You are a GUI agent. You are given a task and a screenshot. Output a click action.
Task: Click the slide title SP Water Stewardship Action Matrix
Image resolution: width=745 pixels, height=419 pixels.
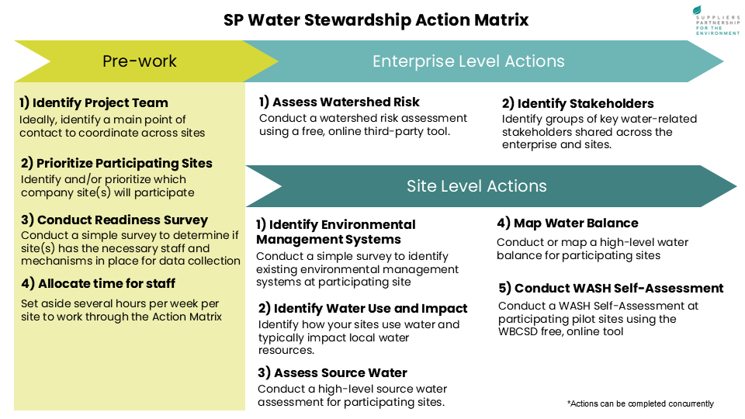pos(376,19)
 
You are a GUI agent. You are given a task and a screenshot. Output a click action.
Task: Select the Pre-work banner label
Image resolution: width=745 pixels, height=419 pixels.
pos(140,61)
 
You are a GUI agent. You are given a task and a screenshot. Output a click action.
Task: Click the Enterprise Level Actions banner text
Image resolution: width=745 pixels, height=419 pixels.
pos(468,61)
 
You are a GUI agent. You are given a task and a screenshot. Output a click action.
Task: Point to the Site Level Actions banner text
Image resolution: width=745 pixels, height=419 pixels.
pos(476,186)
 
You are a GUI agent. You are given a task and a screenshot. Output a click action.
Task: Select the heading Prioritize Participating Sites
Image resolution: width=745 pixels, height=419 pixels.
pos(116,163)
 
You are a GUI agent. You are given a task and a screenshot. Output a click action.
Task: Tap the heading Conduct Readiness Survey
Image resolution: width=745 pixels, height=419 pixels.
pos(114,220)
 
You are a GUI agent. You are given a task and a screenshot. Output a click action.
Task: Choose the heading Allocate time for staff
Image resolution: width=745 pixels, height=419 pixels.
pos(97,283)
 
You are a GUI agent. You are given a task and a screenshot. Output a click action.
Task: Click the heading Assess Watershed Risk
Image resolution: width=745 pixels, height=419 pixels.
pos(339,102)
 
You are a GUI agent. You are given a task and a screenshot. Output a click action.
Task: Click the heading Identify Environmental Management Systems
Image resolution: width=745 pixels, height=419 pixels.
pos(335,231)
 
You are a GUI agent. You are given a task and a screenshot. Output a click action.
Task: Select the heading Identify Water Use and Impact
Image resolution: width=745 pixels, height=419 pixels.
pos(362,308)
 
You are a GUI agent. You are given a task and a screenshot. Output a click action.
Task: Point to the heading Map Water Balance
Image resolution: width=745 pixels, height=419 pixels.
pos(567,223)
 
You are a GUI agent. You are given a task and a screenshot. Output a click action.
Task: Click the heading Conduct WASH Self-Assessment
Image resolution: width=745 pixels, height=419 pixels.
pos(611,288)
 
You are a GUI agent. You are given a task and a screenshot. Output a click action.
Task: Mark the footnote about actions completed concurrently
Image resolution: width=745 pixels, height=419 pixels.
pos(640,403)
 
